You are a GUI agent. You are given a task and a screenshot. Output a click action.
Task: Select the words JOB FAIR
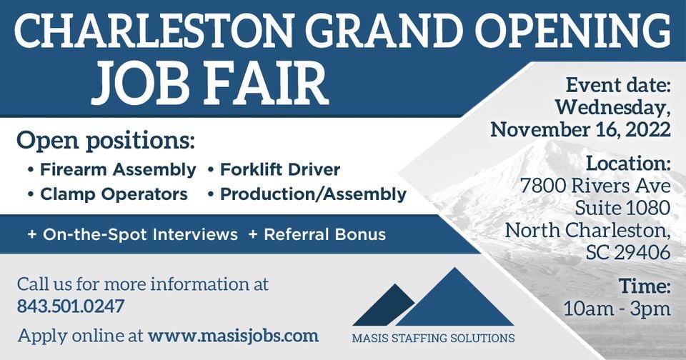point(210,82)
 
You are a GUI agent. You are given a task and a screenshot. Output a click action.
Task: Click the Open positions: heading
point(106,141)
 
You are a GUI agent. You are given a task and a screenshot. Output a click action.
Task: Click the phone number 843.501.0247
point(71,306)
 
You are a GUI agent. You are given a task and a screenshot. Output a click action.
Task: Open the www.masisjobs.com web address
point(233,336)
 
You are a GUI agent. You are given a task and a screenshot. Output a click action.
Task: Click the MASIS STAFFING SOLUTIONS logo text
point(433,338)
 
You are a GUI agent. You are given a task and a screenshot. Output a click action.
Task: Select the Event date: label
point(618,84)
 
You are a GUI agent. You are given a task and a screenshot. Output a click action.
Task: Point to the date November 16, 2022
point(580,129)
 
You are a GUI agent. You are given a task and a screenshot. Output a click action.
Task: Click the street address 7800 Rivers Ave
point(595,186)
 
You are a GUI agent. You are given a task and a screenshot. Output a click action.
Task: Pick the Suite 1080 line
point(622,208)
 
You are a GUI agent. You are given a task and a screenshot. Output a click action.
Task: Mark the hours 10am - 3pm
point(617,309)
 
